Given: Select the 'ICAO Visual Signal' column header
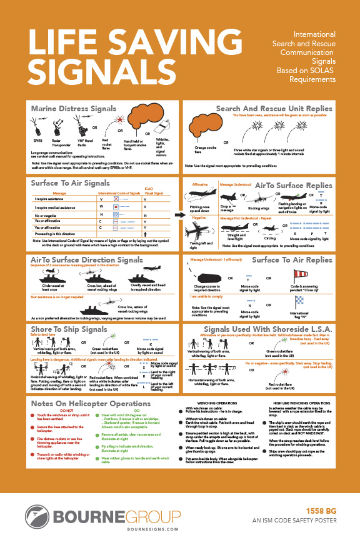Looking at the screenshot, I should [146, 191].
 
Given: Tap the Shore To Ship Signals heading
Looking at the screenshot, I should [69, 329].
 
